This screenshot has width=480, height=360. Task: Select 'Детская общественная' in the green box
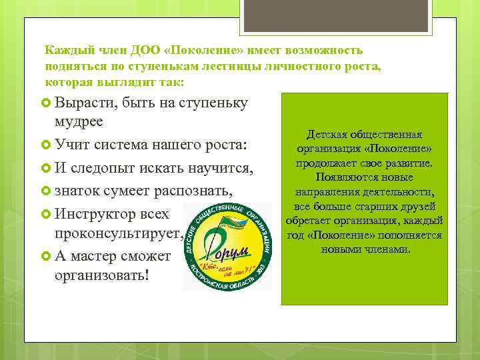[364, 135]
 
